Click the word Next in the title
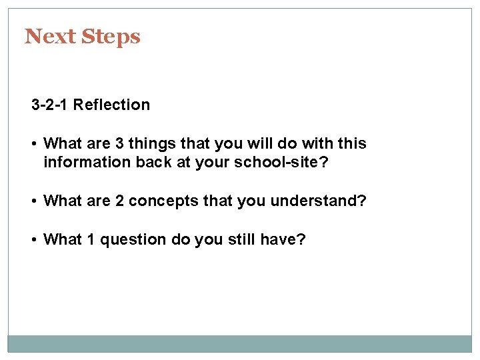[51, 36]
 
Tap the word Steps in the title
[111, 37]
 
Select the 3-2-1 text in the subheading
[50, 105]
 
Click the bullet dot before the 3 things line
[35, 144]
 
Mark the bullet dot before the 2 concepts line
[35, 201]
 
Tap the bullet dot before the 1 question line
[35, 239]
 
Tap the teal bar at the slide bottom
[239, 343]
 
